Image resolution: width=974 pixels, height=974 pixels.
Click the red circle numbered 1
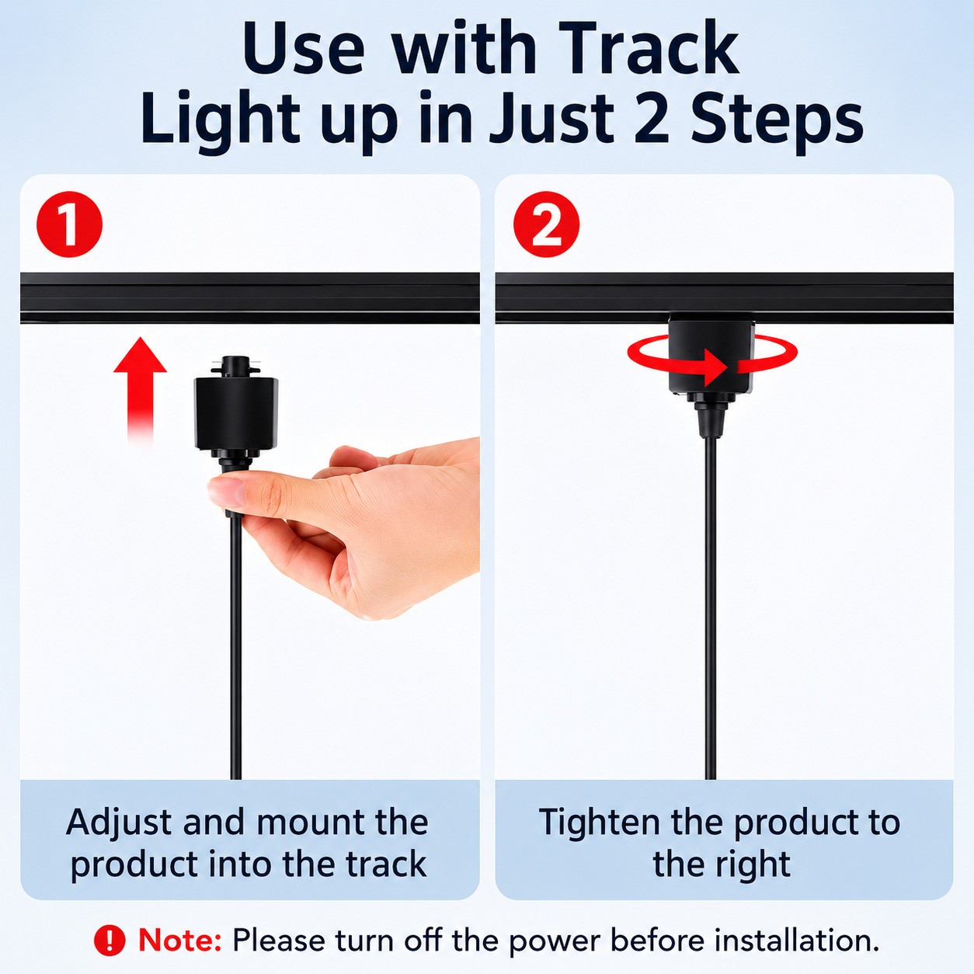point(69,224)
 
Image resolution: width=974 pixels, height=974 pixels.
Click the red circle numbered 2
point(546,224)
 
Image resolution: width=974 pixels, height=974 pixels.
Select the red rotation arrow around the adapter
point(712,360)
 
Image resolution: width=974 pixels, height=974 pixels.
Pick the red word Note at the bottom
point(180,941)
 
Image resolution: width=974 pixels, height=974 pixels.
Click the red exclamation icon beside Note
point(109,941)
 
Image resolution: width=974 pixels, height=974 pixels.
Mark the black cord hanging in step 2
point(711,607)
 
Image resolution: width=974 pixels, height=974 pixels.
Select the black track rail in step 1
point(249,297)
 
